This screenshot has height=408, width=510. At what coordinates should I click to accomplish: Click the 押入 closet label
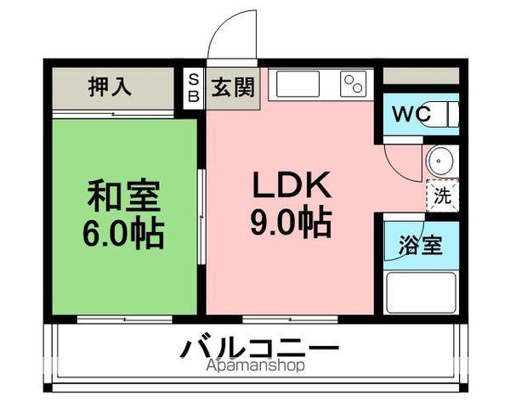[x=110, y=87]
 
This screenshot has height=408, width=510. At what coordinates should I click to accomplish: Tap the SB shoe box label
[x=193, y=88]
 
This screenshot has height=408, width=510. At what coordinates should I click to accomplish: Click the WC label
[x=411, y=113]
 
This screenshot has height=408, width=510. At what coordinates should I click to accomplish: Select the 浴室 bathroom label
[x=420, y=246]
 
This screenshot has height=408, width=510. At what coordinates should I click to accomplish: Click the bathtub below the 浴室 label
[x=420, y=292]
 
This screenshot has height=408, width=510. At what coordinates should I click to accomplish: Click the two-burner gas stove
[x=353, y=83]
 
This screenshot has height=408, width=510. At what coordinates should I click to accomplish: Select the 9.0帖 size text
[x=289, y=223]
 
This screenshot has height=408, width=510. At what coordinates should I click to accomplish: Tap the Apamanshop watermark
[x=254, y=366]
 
